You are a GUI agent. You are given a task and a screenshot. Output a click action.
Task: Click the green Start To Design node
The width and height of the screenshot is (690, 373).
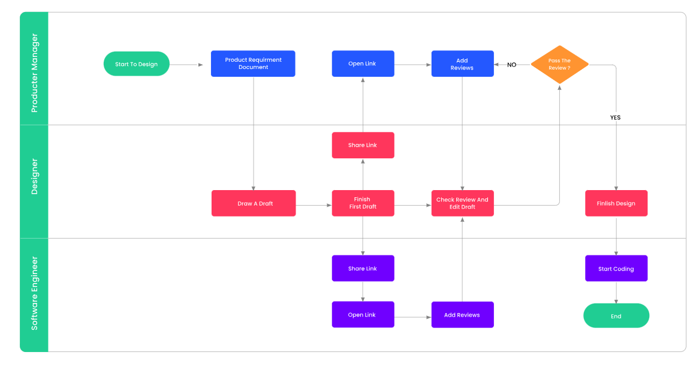136,64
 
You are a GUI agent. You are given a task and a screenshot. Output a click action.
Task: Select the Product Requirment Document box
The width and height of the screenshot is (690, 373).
253,64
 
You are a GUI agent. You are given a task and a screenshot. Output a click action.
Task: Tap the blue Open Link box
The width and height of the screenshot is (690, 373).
363,64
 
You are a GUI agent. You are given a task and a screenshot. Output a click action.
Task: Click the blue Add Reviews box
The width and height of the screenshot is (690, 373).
462,64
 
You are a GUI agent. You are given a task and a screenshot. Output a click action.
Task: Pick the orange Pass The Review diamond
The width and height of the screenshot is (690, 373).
559,64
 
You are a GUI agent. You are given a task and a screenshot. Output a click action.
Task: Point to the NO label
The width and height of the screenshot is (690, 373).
511,65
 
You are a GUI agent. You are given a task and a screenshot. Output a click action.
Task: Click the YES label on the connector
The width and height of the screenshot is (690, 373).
615,118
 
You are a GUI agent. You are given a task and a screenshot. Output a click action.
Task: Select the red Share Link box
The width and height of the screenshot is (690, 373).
363,145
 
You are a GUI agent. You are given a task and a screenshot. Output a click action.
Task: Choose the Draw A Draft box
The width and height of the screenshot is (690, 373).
254,203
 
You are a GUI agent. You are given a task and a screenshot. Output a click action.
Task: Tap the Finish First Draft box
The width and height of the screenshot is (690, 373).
363,203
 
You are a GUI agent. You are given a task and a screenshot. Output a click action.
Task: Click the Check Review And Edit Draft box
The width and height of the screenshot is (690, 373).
462,203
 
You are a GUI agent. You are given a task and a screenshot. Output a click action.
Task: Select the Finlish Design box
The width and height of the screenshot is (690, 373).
616,203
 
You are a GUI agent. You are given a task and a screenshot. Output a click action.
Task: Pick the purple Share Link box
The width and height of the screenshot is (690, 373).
363,269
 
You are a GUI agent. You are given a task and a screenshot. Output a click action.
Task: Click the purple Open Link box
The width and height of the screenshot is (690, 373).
363,315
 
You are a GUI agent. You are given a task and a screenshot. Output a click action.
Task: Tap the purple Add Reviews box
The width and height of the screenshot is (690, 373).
462,315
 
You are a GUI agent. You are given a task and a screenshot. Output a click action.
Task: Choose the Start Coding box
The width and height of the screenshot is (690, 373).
616,269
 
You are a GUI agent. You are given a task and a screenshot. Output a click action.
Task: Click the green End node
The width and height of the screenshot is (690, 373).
616,316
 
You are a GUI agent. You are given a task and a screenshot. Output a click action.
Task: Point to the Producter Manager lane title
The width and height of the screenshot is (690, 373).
34,73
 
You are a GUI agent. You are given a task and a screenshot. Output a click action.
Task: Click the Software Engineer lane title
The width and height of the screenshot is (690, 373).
34,293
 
